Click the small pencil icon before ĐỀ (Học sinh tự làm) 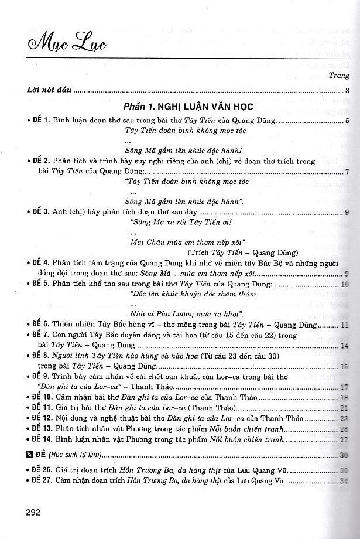(x=30, y=455)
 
